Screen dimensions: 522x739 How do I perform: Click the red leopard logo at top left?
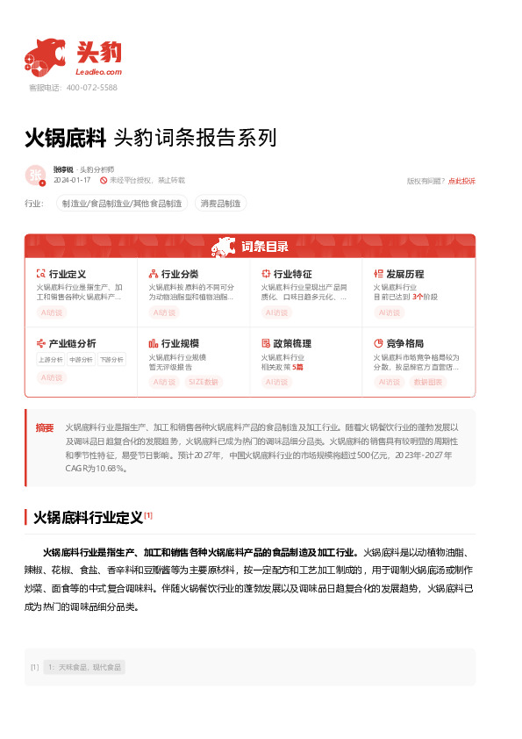coord(45,55)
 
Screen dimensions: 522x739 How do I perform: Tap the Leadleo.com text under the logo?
coord(98,72)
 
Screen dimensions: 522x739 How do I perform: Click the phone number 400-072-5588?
coord(91,88)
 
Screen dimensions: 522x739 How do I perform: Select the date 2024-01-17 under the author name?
coord(72,180)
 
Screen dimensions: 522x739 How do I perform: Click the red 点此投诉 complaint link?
coord(461,181)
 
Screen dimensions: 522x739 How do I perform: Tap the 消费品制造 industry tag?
coord(220,204)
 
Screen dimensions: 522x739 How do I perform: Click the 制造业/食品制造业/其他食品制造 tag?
coord(122,204)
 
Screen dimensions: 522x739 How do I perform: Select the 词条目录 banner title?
coord(264,246)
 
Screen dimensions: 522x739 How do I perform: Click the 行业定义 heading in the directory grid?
coord(67,274)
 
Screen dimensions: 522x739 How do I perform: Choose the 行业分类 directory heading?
coord(180,274)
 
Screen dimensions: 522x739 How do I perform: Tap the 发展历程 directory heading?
coord(404,274)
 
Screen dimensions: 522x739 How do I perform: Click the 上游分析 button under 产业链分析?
coord(50,359)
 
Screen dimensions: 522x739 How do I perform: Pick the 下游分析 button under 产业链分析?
coord(111,359)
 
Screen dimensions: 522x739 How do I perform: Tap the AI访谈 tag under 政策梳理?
coord(277,382)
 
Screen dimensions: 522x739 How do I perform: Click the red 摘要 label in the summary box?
coord(45,427)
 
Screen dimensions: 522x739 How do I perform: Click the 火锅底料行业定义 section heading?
coord(88,518)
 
